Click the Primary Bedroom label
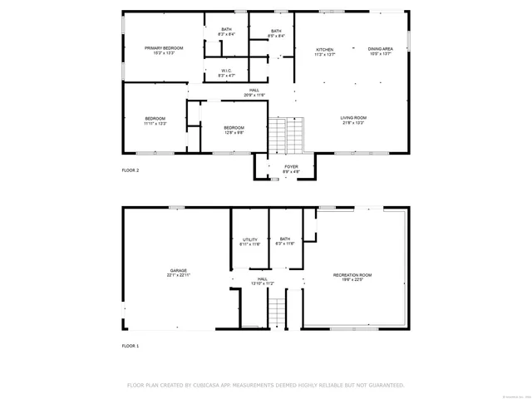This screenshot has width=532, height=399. pyautogui.click(x=164, y=48)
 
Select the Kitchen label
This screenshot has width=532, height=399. pyautogui.click(x=324, y=50)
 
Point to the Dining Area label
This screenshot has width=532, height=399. pyautogui.click(x=381, y=49)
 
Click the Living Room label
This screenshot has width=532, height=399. pyautogui.click(x=353, y=118)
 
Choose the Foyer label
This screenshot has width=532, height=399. pyautogui.click(x=291, y=166)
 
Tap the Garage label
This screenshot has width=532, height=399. pyautogui.click(x=179, y=270)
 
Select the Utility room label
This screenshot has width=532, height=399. pyautogui.click(x=250, y=239)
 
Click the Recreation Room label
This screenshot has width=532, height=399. pyautogui.click(x=352, y=274)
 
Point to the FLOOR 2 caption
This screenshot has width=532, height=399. pyautogui.click(x=131, y=170)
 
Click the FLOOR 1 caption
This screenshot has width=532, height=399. pyautogui.click(x=131, y=345)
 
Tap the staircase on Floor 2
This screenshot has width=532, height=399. pyautogui.click(x=288, y=135)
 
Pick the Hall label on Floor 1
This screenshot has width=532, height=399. pyautogui.click(x=263, y=279)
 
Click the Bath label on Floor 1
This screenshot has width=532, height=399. pyautogui.click(x=285, y=239)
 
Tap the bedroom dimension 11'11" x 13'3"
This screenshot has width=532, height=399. pyautogui.click(x=155, y=123)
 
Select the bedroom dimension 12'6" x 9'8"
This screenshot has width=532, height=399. pyautogui.click(x=234, y=132)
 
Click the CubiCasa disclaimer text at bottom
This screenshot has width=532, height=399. pyautogui.click(x=265, y=385)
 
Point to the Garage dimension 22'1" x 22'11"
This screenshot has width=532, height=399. pyautogui.click(x=179, y=275)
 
